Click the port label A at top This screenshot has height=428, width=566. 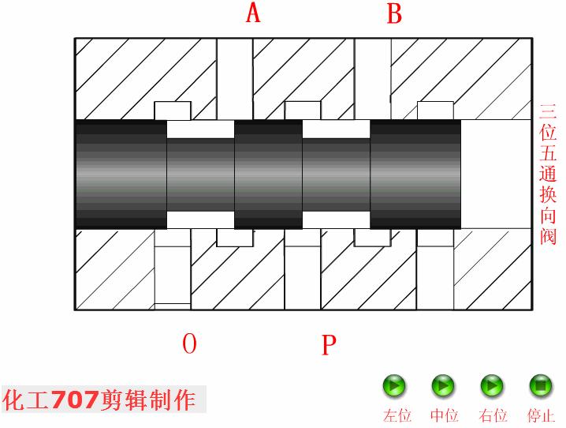pos(253,13)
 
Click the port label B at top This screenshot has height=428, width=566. pos(393,13)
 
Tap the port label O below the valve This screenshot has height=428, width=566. pos(189,344)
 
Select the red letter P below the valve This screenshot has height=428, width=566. pos(329,345)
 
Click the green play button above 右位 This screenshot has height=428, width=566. pos(492,386)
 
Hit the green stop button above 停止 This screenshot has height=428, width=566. pos(540,386)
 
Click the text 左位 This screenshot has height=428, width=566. pos(397,415)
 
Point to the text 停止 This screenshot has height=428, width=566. pos(541,415)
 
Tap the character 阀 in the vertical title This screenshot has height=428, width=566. pos(548,235)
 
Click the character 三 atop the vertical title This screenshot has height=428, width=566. pos(548,111)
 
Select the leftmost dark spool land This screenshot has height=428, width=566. pos(121,174)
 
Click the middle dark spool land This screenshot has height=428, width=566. pos(268,174)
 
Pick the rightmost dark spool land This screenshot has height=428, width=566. pos(415,174)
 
